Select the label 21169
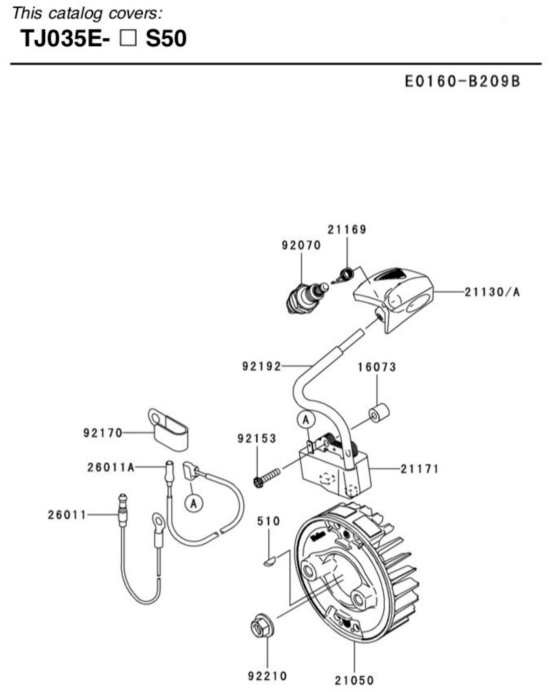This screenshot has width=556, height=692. pyautogui.click(x=347, y=229)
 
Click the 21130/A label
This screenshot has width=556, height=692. pyautogui.click(x=492, y=292)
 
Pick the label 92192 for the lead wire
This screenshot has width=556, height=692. pyautogui.click(x=261, y=366)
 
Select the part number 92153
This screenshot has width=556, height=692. pyautogui.click(x=257, y=439)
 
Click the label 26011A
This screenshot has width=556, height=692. pyautogui.click(x=111, y=467)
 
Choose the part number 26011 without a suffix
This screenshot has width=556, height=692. pyautogui.click(x=67, y=515)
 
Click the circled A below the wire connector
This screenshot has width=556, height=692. pyautogui.click(x=194, y=504)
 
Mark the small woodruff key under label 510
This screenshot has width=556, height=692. pyautogui.click(x=270, y=561)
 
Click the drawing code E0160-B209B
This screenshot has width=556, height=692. pyautogui.click(x=462, y=81)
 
